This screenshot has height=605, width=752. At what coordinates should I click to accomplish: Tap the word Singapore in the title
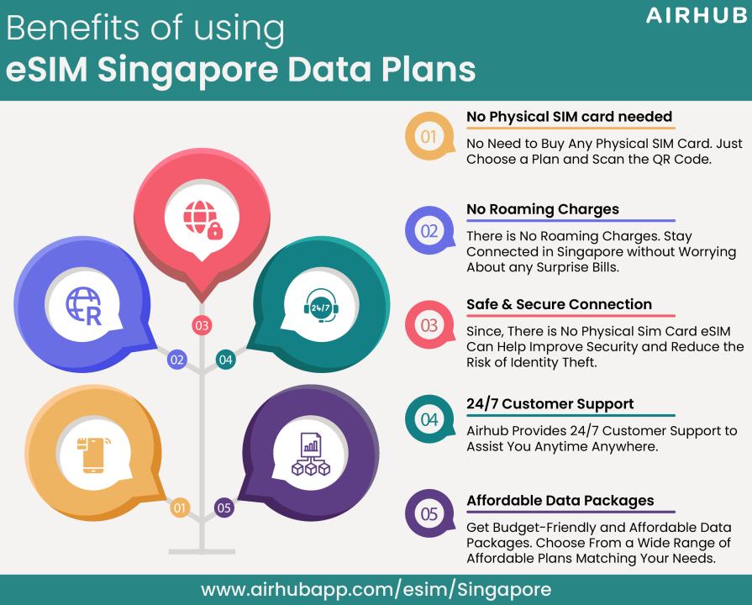[187, 71]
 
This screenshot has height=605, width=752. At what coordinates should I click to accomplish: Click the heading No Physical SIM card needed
[570, 117]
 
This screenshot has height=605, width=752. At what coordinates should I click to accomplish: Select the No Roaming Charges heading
[543, 209]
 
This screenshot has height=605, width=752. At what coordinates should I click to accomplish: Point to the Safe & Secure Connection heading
[560, 304]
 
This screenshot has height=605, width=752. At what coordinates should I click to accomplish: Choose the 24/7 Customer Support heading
[550, 403]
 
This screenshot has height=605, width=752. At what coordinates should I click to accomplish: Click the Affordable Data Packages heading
[560, 501]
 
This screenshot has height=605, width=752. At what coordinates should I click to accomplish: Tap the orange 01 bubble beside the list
[429, 136]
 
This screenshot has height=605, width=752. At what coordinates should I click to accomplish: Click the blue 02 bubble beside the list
[429, 231]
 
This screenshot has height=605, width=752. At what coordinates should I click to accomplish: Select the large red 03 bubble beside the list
[429, 325]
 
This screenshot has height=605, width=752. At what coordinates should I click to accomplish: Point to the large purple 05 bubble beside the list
[429, 514]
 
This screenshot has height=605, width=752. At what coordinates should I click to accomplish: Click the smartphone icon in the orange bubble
[93, 455]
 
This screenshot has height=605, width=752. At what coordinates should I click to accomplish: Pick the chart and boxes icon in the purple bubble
[311, 454]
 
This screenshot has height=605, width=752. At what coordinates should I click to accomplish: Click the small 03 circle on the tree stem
[202, 325]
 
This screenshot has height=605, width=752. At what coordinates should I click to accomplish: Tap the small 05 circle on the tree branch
[224, 508]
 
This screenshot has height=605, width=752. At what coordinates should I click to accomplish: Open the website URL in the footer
[376, 590]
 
